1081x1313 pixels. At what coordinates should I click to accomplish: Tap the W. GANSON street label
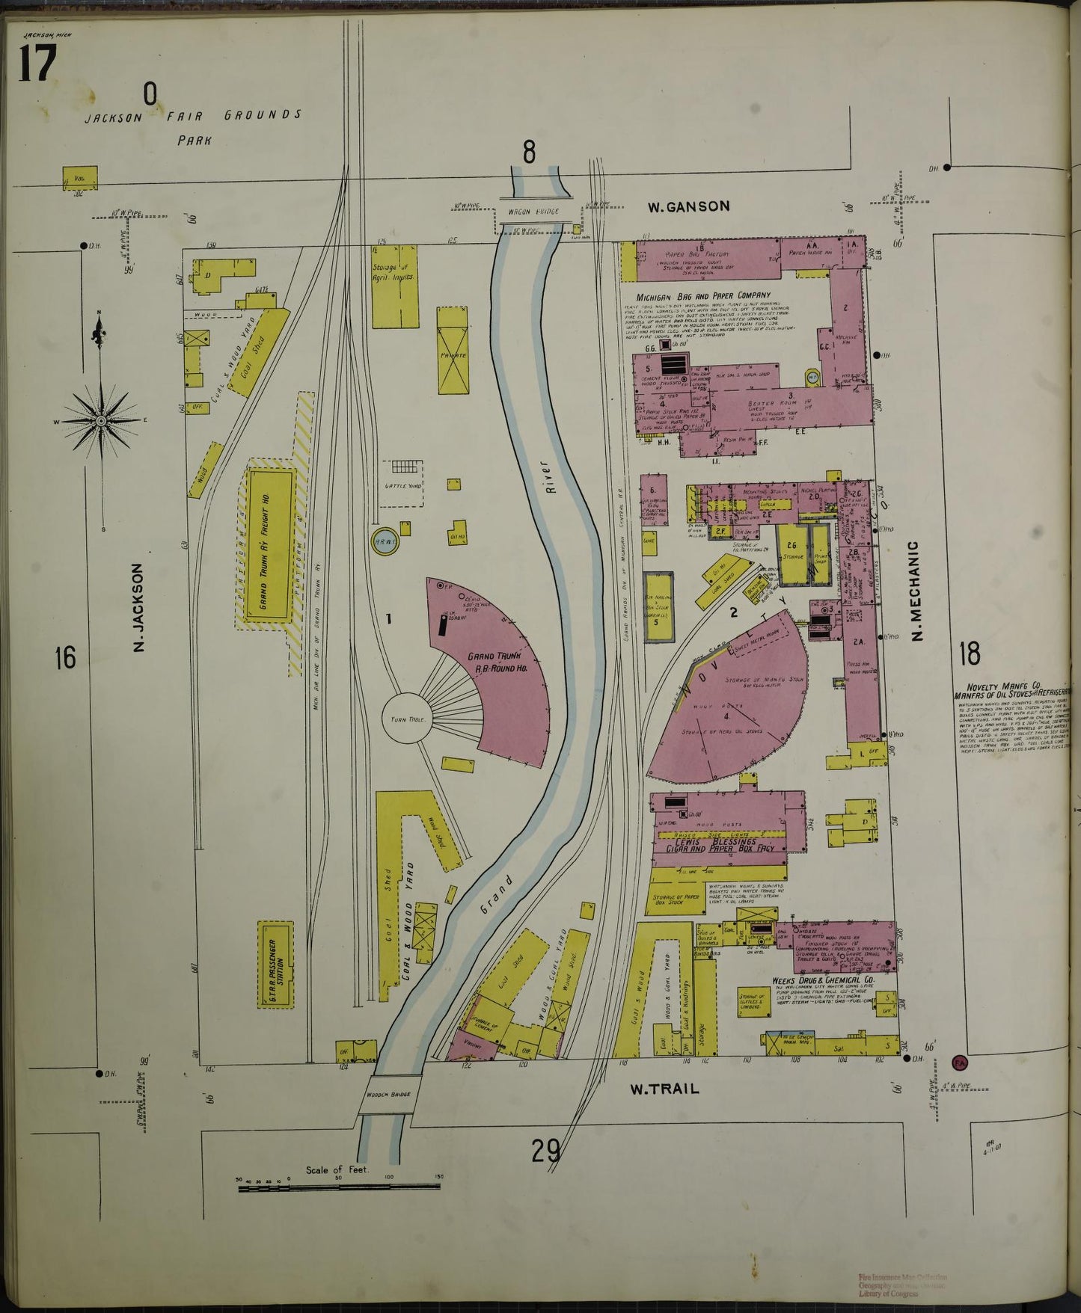688,206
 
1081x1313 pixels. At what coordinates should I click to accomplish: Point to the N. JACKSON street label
138,607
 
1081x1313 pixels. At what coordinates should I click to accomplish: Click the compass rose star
101,421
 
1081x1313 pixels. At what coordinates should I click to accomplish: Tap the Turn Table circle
407,719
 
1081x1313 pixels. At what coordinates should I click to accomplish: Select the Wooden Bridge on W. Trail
388,1095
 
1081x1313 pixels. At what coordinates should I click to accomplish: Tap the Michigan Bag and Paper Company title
703,295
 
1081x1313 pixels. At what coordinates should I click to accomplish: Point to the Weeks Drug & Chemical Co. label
823,980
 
